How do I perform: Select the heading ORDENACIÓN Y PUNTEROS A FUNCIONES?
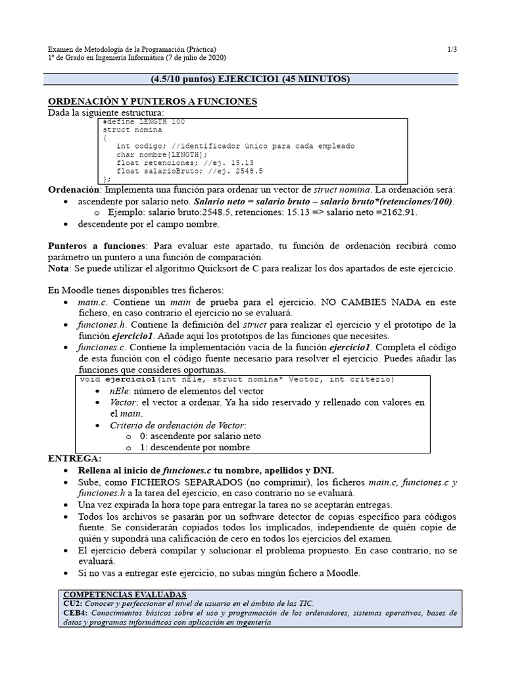(153, 101)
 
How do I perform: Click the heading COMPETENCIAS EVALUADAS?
(125, 593)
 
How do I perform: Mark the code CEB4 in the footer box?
(72, 613)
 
